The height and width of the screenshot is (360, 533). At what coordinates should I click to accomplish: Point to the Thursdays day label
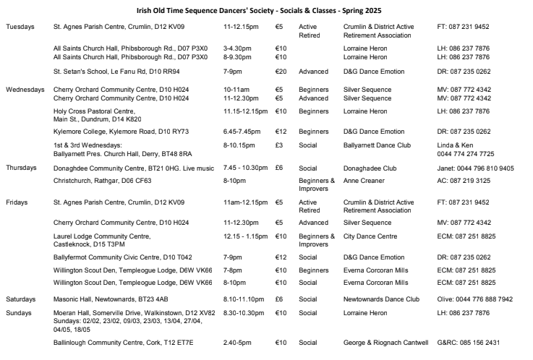pos(22,167)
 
